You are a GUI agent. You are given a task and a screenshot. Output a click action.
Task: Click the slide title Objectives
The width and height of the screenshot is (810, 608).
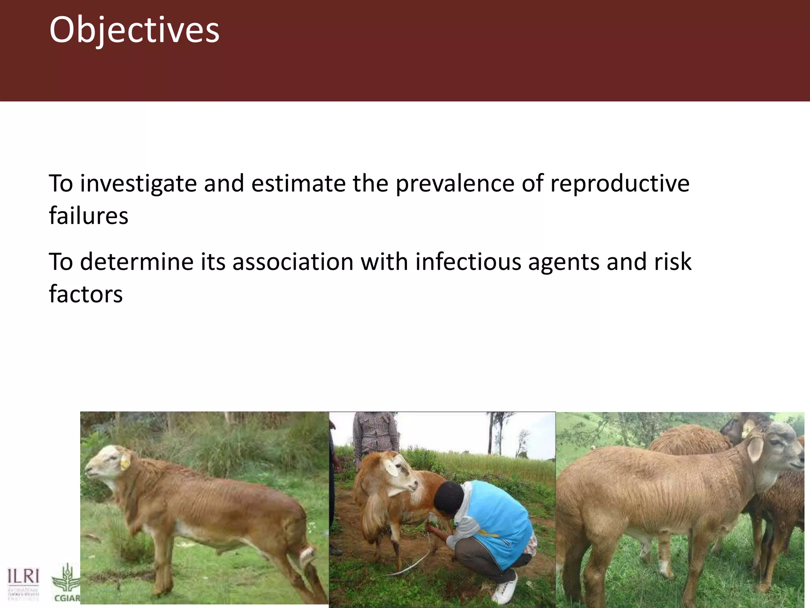click(x=134, y=30)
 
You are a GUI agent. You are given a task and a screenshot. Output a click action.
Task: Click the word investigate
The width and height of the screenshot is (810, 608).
click(x=138, y=184)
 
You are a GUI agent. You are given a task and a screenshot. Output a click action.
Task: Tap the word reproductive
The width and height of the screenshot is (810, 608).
click(x=620, y=184)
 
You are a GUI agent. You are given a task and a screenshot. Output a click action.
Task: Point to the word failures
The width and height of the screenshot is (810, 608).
click(x=89, y=216)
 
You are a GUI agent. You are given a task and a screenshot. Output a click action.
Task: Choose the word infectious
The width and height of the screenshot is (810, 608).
click(x=468, y=262)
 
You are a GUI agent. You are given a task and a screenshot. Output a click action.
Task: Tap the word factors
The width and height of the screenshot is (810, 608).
click(x=86, y=294)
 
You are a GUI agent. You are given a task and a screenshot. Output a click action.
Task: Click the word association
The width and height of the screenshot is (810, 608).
click(x=293, y=262)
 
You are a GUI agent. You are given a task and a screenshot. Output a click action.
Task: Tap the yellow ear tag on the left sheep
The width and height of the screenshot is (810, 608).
click(x=125, y=462)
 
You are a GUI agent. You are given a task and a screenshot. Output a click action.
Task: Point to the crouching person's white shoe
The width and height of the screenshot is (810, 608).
click(x=505, y=590)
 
